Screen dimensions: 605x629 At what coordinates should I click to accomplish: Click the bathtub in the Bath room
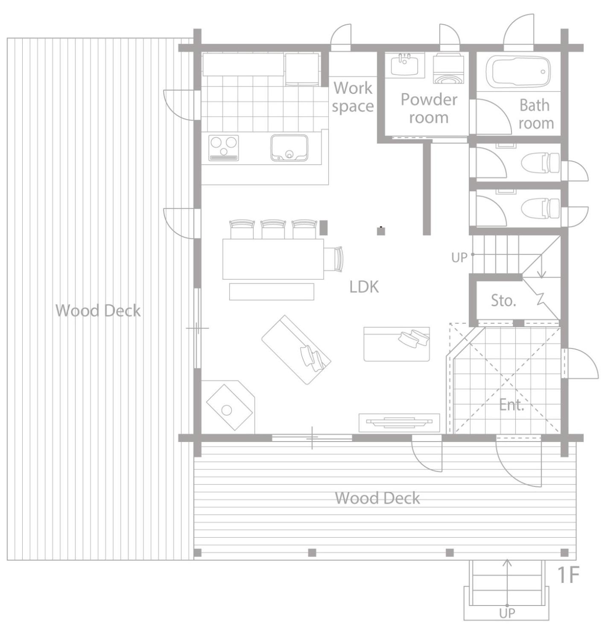[x=518, y=72]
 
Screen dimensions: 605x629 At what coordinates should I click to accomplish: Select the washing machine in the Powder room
[x=448, y=69]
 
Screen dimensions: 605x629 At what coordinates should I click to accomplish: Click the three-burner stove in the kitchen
[x=223, y=148]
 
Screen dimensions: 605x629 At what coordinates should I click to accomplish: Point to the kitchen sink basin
[x=289, y=147]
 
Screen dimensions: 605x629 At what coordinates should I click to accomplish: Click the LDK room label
[x=364, y=287]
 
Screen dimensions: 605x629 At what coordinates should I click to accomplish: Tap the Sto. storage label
[x=503, y=300]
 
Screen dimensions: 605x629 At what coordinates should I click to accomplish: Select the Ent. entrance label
[x=511, y=404]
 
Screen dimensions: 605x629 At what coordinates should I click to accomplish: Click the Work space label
[x=353, y=97]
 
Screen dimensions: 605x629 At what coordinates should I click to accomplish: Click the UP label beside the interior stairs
[x=459, y=257]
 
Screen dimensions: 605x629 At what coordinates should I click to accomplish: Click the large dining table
[x=273, y=259]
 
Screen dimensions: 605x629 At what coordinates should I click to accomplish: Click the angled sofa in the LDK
[x=296, y=350]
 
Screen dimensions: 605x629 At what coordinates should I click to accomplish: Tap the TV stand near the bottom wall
[x=399, y=422]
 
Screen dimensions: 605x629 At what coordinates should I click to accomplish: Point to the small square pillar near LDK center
[x=381, y=231]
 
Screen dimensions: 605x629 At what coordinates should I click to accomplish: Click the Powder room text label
[x=429, y=108]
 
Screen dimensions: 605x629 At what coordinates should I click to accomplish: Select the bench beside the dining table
[x=272, y=291]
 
